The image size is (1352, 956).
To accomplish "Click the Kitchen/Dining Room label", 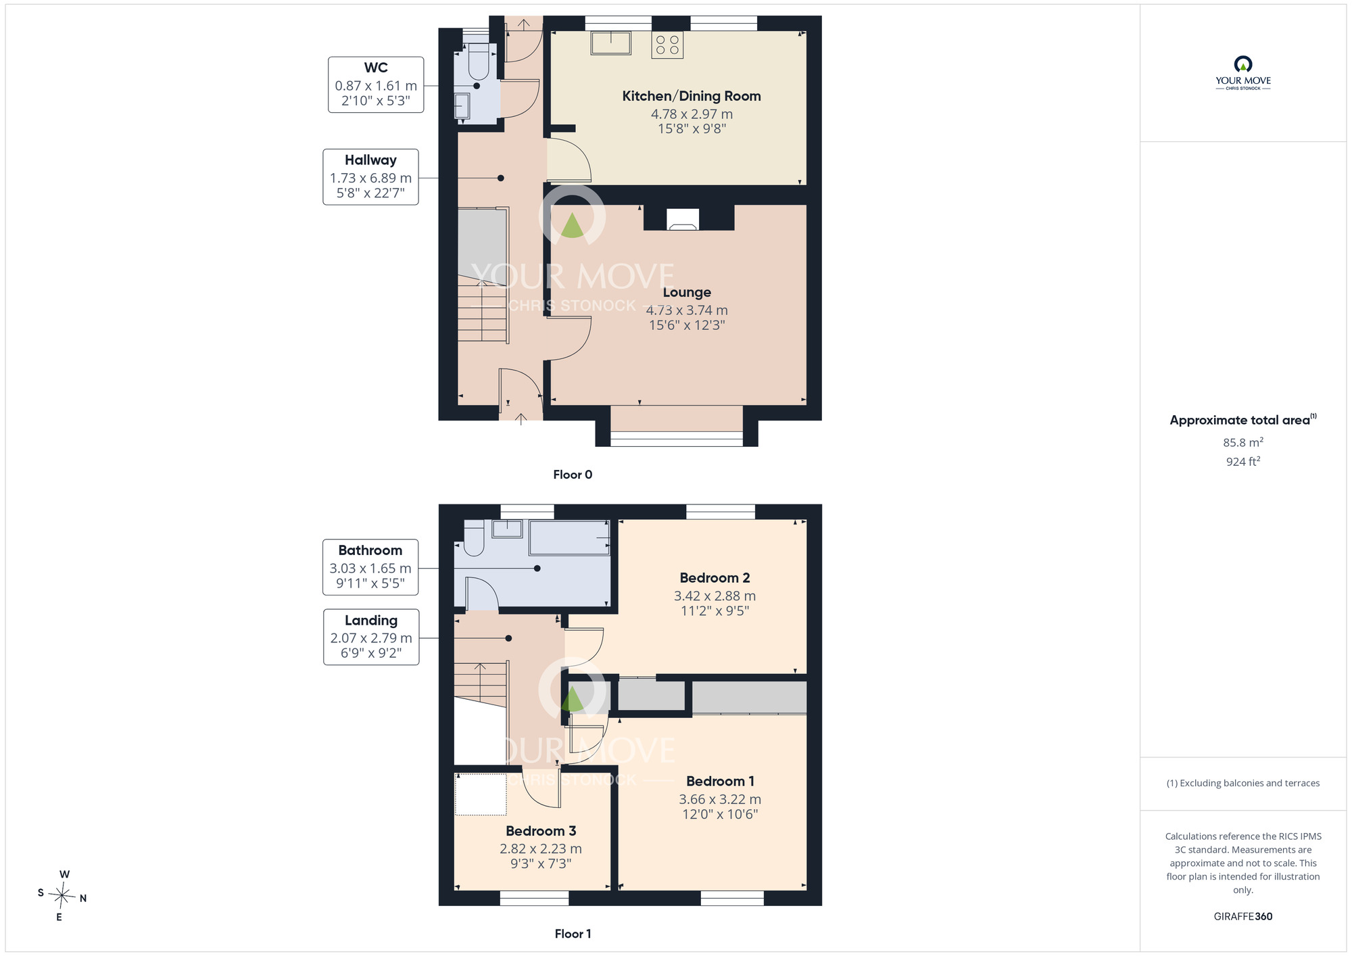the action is coord(692,96).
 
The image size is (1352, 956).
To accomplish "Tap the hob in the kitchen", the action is coord(667,45).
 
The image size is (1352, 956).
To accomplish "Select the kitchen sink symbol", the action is coord(611,43).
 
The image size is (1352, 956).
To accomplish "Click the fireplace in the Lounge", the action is coord(682,219).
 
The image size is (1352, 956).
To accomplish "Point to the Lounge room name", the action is coord(687,292).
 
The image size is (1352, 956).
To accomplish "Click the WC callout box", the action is coord(376,85).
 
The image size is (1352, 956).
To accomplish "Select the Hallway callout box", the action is coord(370,177).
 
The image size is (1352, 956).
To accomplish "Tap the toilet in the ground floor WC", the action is coord(479,62).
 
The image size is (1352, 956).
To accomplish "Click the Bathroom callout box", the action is coord(370,567).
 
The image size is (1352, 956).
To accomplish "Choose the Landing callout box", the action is coord(371,637).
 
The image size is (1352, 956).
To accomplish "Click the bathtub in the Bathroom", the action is coord(569,537).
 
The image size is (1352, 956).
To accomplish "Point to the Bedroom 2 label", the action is coord(715,578).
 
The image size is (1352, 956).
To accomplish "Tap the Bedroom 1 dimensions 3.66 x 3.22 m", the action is coord(720,799).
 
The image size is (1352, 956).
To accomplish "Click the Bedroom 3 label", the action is coord(541,831).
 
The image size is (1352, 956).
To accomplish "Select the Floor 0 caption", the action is coord(573,475).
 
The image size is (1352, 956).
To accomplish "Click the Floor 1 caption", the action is coord(573,934).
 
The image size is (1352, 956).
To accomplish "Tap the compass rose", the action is coord(62,897).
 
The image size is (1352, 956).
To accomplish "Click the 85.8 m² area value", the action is coord(1243,442).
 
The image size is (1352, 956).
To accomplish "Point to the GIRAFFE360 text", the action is coord(1243,917).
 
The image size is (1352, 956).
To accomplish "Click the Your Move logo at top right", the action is coord(1243,73).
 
